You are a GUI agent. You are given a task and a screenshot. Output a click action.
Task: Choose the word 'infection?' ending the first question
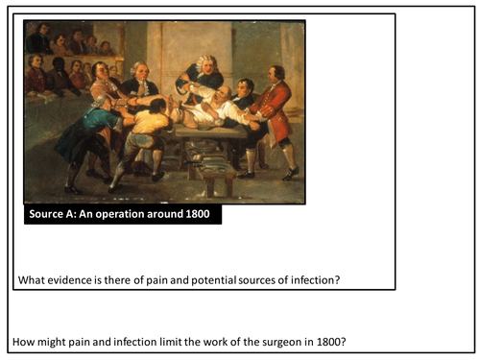pos(313,279)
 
